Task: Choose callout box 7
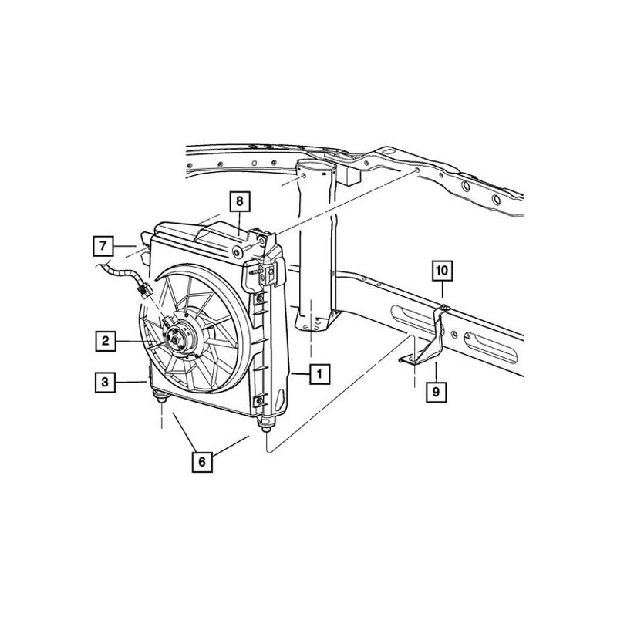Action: click(101, 246)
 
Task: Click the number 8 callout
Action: click(239, 202)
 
